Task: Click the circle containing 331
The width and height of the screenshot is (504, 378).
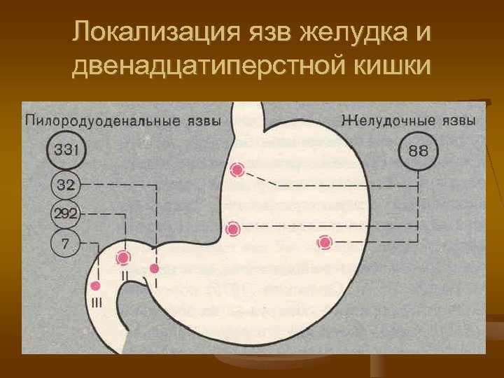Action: tap(67, 150)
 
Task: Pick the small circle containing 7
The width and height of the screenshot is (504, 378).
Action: tap(65, 245)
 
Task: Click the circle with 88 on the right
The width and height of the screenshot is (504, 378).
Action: tap(418, 151)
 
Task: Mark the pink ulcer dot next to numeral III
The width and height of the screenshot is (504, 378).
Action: tap(96, 286)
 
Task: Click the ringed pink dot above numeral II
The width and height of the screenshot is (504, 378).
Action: tap(124, 258)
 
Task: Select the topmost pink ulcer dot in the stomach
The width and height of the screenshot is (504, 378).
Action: tap(237, 170)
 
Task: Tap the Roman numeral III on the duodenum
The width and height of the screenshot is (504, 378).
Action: tap(96, 302)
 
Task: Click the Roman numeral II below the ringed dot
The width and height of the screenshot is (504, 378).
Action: tap(124, 275)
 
